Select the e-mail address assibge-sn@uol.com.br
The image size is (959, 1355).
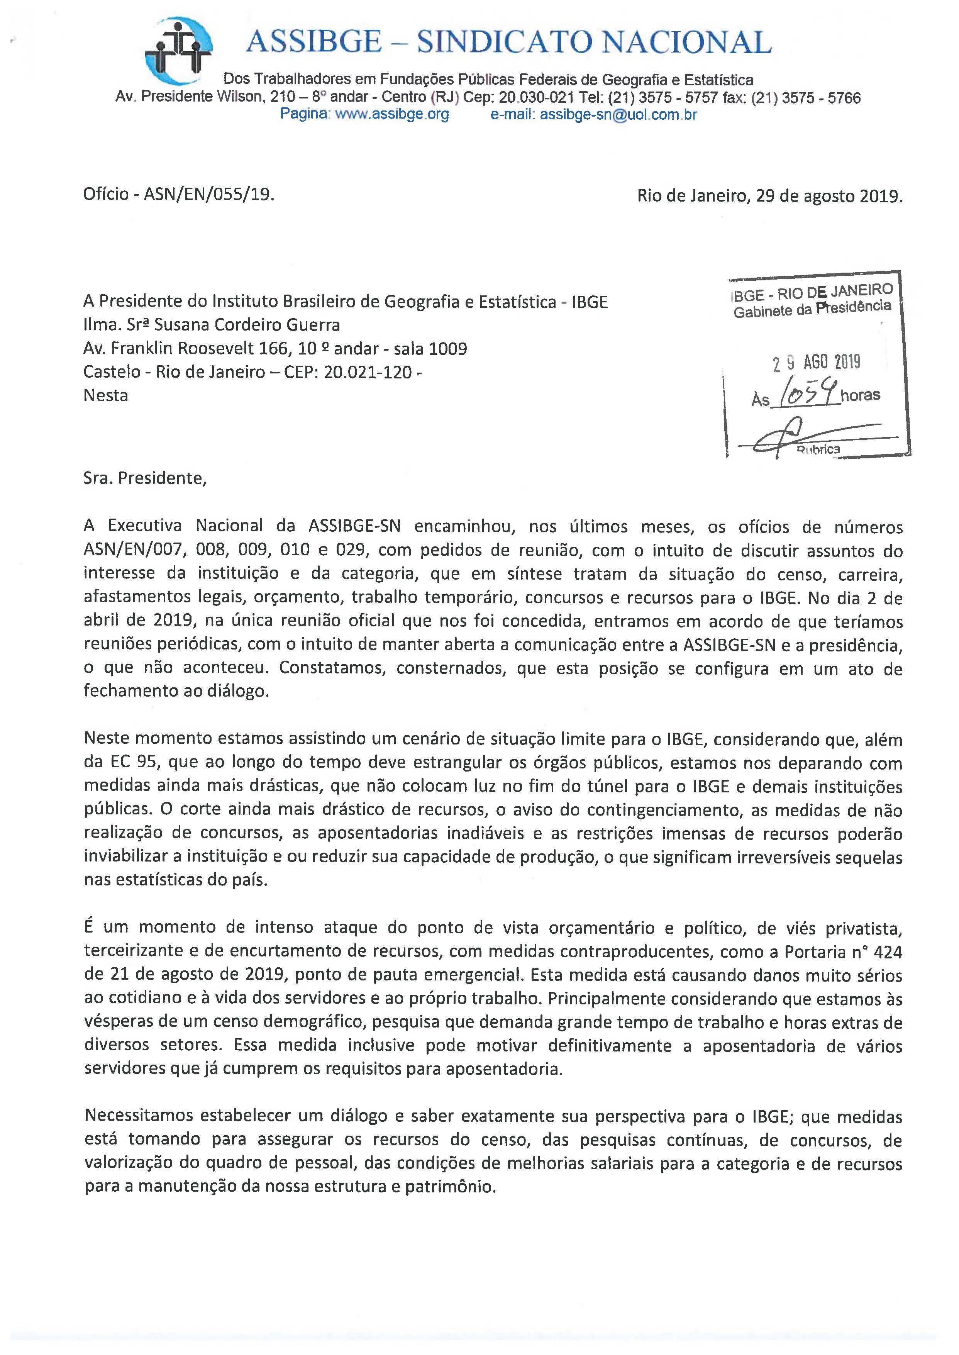point(618,115)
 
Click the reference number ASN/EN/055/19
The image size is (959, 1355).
point(210,194)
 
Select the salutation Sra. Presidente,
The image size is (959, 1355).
point(145,478)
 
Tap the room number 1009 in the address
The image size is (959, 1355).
point(447,348)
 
